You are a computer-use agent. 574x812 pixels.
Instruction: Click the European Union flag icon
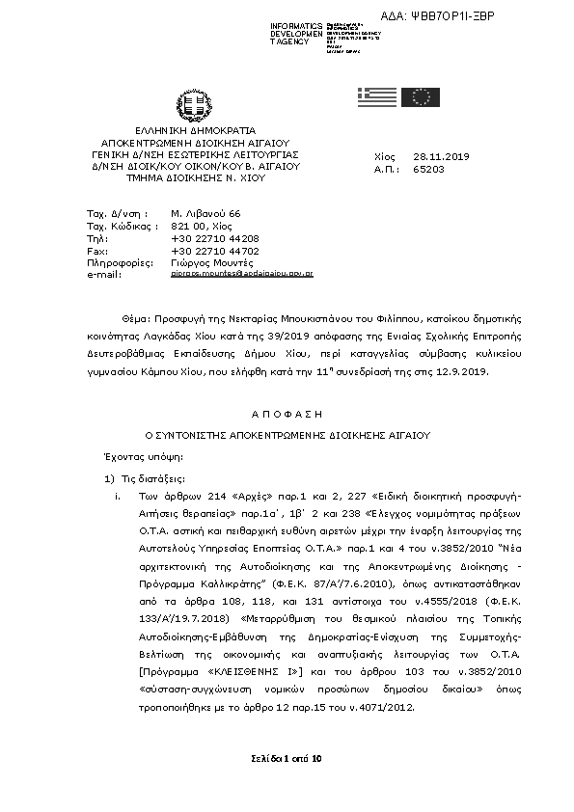click(421, 96)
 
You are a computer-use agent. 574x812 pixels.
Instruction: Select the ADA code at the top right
click(478, 17)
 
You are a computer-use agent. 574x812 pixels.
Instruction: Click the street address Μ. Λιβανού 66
click(205, 212)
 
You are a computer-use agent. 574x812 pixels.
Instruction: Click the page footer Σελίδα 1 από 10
click(286, 760)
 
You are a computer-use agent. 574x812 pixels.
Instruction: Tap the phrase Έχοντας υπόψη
click(136, 455)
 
